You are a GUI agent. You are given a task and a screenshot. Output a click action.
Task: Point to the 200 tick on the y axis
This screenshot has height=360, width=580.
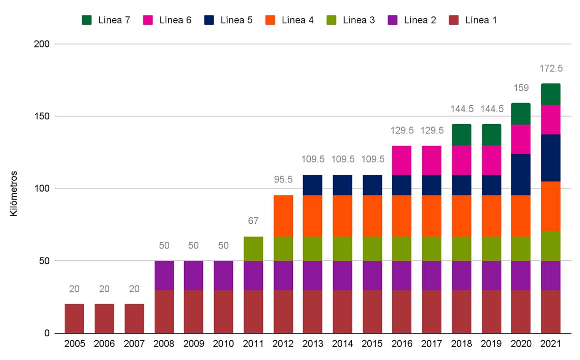point(43,44)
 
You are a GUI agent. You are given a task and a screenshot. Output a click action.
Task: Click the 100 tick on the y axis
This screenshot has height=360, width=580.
point(43,188)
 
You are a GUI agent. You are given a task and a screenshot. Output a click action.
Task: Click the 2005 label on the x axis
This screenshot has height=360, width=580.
point(74,344)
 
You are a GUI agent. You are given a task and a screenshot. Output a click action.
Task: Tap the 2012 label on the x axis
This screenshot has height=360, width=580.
point(283,344)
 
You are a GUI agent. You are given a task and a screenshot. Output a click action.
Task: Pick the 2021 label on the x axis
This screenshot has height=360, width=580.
point(551,344)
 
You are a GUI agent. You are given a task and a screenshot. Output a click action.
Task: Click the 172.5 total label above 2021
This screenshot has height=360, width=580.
point(551,69)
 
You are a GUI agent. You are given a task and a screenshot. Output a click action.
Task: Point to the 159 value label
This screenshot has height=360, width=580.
point(521,88)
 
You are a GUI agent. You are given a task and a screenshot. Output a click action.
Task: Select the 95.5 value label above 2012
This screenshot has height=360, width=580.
point(283,180)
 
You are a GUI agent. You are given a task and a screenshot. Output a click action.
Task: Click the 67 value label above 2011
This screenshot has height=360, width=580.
point(253,221)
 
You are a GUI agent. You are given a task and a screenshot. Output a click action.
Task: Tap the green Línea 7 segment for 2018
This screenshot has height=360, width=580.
point(462,135)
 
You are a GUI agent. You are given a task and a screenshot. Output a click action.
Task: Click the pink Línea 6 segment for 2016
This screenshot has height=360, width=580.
point(402,160)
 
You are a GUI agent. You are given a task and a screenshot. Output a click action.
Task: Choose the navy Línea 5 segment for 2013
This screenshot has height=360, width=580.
point(313,185)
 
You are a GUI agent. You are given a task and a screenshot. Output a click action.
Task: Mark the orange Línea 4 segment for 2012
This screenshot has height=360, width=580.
point(283,216)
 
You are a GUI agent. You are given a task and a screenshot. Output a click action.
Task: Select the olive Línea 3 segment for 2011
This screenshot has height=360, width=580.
point(253,248)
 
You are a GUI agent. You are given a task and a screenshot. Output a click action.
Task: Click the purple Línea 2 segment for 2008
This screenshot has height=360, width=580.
point(164,275)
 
